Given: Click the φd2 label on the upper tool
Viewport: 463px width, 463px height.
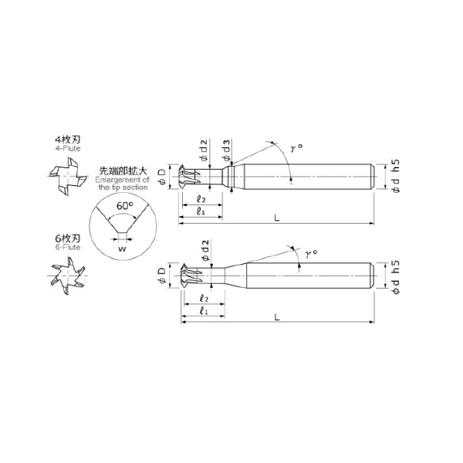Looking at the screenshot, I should click(x=204, y=149).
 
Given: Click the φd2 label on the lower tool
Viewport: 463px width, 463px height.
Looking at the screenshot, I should click(x=204, y=248).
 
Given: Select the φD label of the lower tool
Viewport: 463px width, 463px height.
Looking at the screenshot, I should click(x=162, y=276).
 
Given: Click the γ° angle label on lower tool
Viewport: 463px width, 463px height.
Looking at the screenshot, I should click(x=311, y=252).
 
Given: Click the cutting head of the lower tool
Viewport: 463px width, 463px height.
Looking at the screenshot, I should click(x=189, y=275).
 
